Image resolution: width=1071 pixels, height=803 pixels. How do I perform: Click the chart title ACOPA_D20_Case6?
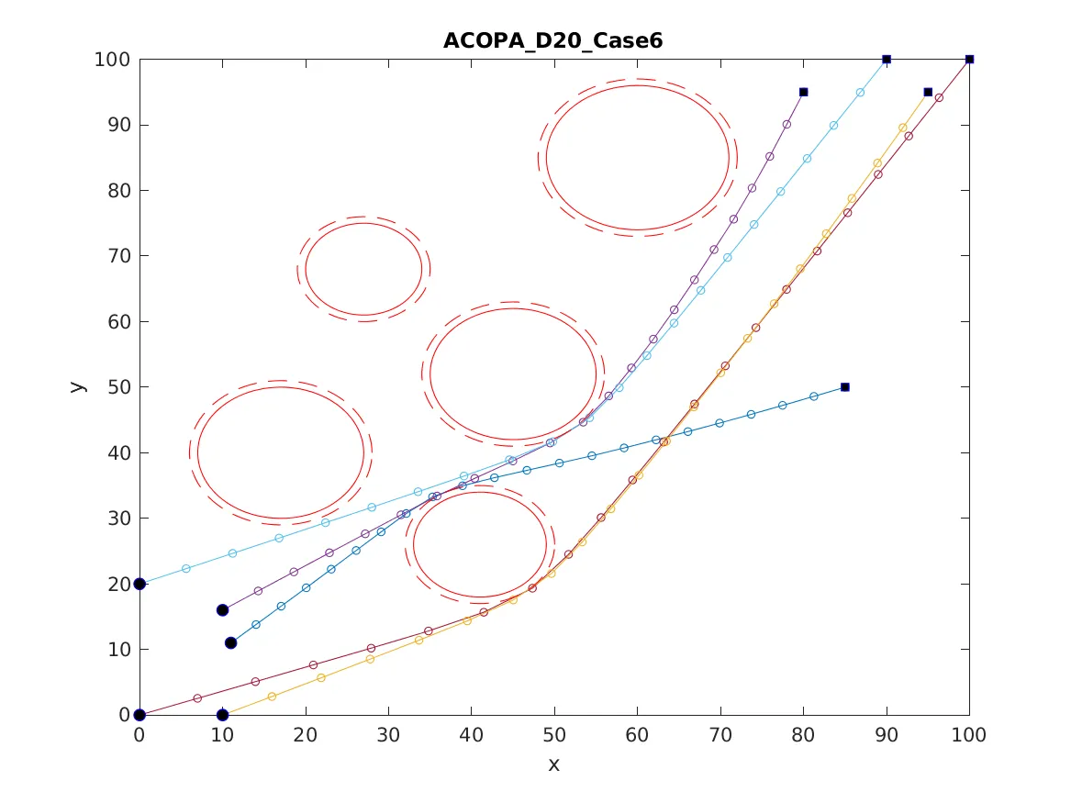[553, 41]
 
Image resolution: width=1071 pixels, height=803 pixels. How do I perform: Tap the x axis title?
[553, 764]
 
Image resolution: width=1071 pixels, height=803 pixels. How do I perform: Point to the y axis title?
[78, 386]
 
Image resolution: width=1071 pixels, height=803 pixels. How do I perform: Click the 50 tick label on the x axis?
[553, 735]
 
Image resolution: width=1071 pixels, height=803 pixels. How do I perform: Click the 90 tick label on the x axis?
[886, 735]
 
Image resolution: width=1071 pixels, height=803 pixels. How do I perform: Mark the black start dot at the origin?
[139, 715]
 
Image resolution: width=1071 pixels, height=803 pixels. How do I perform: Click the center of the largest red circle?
[637, 157]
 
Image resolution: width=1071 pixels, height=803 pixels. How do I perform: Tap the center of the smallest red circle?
[363, 269]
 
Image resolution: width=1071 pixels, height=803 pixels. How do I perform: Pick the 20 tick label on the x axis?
[305, 735]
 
